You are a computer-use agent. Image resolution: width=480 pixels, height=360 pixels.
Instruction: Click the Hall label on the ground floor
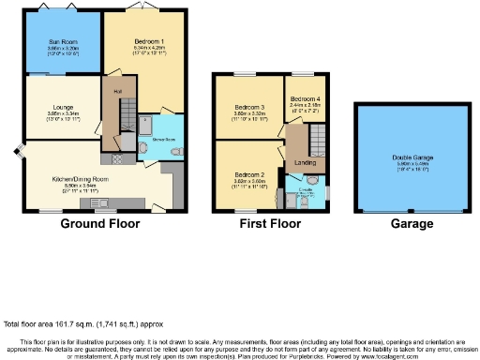[x=119, y=91]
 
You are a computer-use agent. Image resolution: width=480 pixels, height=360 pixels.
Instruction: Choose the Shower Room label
[x=165, y=142]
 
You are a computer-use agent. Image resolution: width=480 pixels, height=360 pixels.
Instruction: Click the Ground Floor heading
[x=100, y=224]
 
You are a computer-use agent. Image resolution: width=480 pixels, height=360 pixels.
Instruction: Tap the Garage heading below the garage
[x=412, y=224]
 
